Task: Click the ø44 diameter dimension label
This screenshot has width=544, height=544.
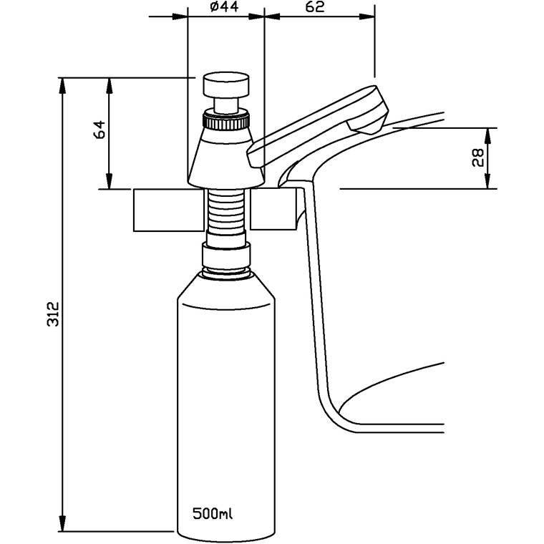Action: [225, 8]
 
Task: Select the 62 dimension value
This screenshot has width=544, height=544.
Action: [315, 8]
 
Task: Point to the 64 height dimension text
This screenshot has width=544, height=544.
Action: [99, 130]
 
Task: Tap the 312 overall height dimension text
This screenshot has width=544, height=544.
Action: [52, 315]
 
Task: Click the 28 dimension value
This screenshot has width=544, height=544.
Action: [478, 157]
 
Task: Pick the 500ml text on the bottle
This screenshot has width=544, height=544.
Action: [213, 513]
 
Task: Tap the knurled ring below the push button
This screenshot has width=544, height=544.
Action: [225, 121]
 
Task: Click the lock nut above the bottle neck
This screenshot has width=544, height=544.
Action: [226, 254]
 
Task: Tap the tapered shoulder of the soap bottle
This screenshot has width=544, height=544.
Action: [225, 286]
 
